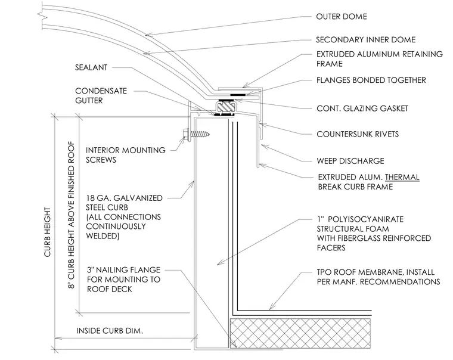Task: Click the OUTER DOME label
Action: click(342, 17)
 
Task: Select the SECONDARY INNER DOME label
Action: click(366, 39)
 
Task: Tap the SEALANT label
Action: click(91, 67)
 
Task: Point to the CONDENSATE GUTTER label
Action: click(101, 95)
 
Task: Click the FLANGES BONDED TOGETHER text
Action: click(371, 80)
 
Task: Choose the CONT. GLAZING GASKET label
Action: click(362, 108)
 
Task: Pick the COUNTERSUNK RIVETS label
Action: click(358, 134)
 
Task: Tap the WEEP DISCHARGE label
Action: click(350, 161)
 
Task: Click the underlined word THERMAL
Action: click(402, 177)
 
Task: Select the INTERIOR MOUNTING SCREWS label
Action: click(126, 155)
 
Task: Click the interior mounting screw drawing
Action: click(197, 134)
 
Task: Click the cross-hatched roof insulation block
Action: click(300, 333)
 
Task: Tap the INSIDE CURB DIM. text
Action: click(110, 331)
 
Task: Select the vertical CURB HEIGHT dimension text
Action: click(47, 232)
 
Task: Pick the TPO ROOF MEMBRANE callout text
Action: click(378, 277)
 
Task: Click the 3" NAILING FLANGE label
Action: click(123, 270)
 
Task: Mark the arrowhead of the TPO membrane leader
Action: click(271, 309)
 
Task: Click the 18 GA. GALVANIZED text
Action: click(124, 198)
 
